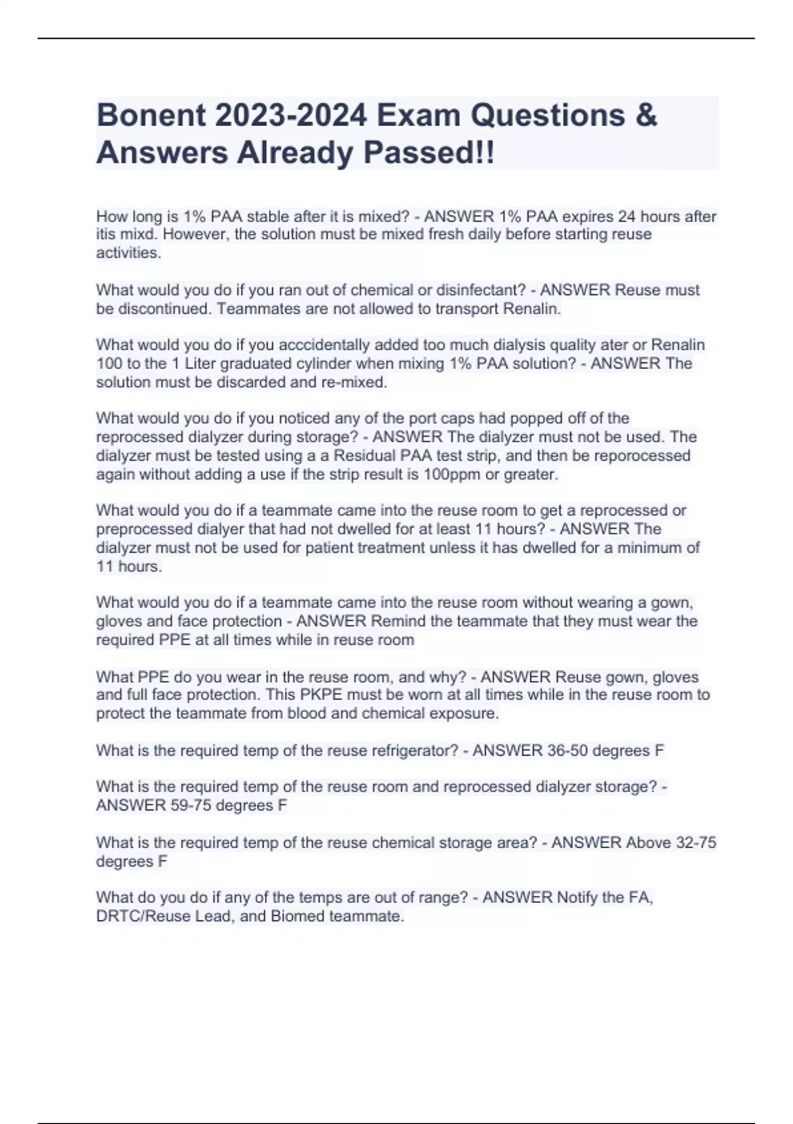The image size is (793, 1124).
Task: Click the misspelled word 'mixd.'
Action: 137,234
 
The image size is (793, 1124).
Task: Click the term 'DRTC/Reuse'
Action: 135,916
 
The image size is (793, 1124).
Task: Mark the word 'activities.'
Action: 128,253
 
